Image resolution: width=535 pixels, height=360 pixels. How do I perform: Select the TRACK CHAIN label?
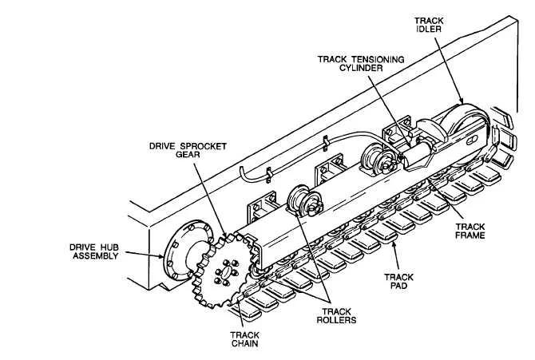click(x=242, y=340)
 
